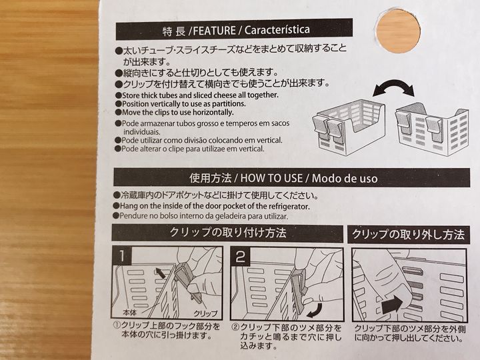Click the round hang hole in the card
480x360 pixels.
pos(398,31)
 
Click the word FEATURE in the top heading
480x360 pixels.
pos(214,31)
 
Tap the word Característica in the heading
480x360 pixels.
pos(277,30)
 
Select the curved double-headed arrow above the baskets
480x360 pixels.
pos(394,86)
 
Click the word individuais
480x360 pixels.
pos(142,132)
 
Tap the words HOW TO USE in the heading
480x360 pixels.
pos(271,178)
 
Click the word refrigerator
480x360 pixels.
pos(289,206)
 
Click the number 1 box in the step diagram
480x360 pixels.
pos(122,256)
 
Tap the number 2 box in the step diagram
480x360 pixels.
pos(240,257)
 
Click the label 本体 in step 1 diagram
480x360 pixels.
pos(129,313)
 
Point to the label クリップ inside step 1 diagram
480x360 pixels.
pos(205,313)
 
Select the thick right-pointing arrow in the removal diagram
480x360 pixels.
pos(392,304)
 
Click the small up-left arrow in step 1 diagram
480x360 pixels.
pos(161,273)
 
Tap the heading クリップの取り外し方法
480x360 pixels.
pos(408,235)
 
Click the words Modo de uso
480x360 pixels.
pos(345,178)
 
